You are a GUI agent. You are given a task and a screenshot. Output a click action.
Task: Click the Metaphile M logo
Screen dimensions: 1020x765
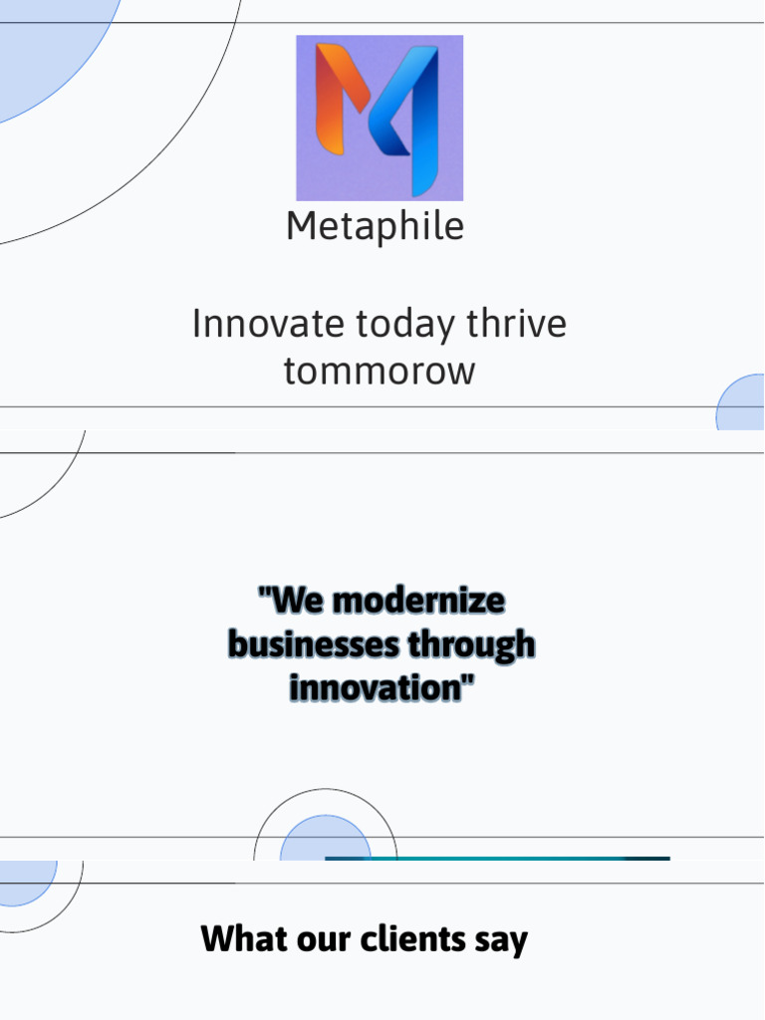click(x=380, y=118)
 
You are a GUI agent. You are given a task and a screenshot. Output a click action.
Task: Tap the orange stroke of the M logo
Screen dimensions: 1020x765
click(x=337, y=100)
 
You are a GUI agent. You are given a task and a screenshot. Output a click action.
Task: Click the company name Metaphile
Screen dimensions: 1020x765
click(x=375, y=227)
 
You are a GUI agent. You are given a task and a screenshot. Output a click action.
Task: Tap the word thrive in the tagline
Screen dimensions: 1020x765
click(x=520, y=325)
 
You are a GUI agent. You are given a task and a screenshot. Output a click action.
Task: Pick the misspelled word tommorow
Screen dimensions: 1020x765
click(x=380, y=372)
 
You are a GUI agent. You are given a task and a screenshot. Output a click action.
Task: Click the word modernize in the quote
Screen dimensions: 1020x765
click(x=417, y=602)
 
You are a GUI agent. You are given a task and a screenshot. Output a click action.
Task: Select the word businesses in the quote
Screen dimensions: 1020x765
click(x=312, y=645)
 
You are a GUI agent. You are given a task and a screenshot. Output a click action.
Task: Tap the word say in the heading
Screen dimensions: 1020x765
click(x=501, y=940)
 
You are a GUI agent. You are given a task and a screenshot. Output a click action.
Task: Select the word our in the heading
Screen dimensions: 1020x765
click(x=321, y=939)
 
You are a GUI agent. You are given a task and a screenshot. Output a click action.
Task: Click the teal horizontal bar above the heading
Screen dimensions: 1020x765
click(x=498, y=858)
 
